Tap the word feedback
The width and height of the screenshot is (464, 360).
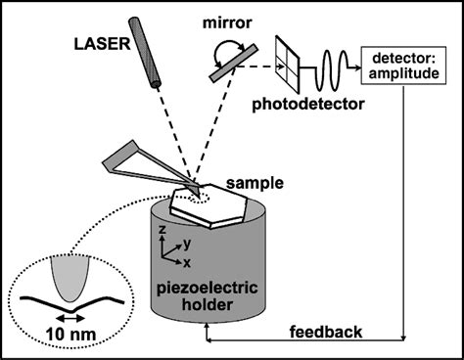click(326, 332)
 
